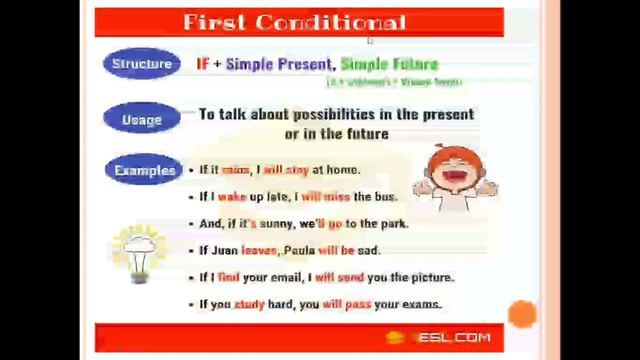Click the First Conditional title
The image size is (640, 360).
point(295,22)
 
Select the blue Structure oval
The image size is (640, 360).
point(141,64)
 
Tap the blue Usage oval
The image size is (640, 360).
point(141,120)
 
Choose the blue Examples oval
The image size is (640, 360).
point(144,171)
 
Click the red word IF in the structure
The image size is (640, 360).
point(203,64)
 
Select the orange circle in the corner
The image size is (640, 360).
point(522,314)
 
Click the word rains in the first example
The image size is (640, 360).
point(237,170)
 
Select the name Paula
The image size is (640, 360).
point(301,250)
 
